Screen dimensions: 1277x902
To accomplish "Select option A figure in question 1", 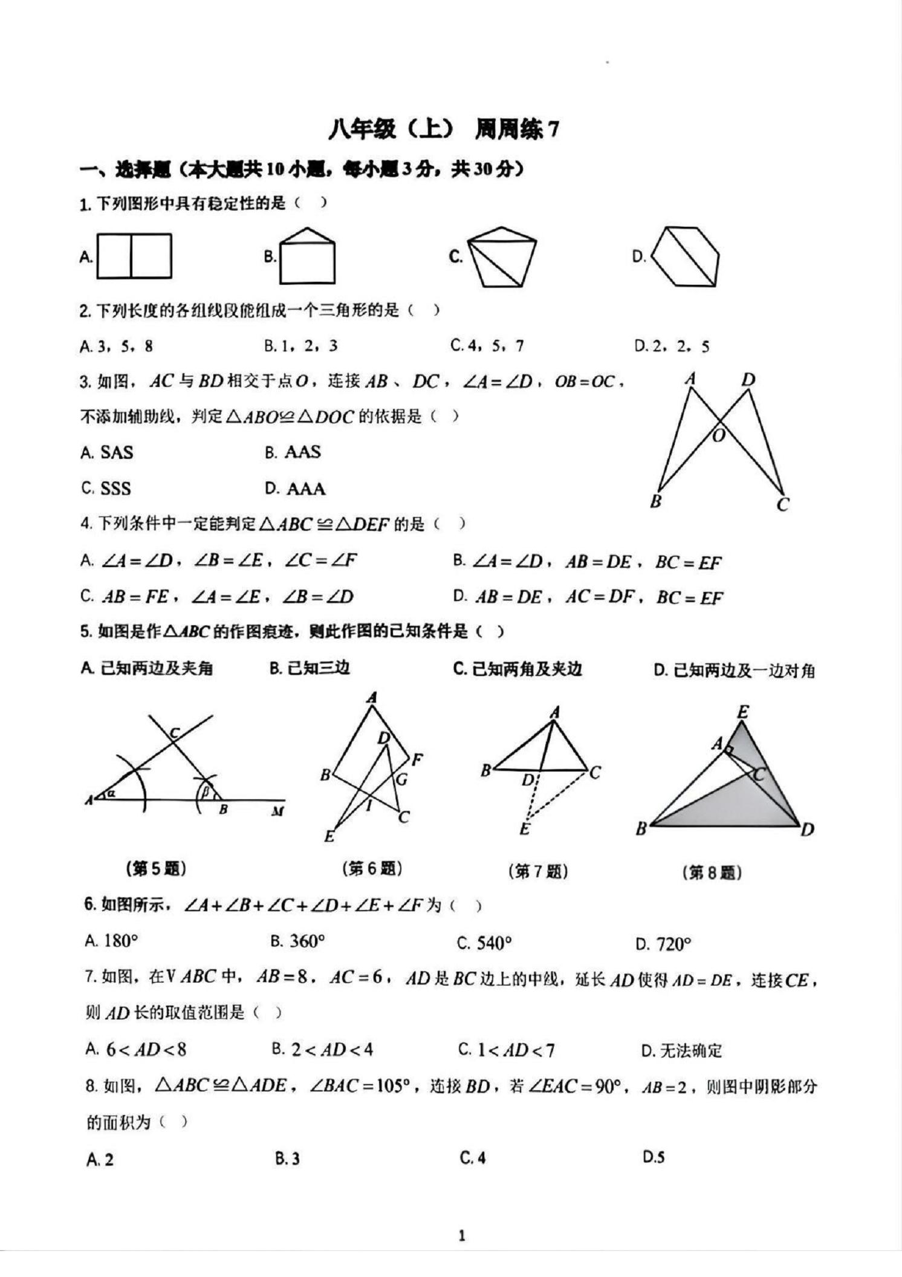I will click(x=134, y=256).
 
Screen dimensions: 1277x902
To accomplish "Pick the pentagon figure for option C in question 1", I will click(x=501, y=257).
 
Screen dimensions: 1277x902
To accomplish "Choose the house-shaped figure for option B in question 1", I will click(x=307, y=256).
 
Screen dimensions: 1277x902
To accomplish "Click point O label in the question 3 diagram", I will click(x=718, y=435).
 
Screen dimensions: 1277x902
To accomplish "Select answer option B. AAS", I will click(x=293, y=452).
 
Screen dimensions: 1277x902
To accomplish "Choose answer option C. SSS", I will click(x=106, y=488).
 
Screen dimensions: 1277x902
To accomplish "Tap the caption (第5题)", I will click(x=156, y=869).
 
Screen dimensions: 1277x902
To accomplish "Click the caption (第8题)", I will click(x=712, y=872).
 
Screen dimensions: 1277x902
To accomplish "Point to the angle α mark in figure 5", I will click(x=111, y=793).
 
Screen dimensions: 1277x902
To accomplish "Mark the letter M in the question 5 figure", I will click(x=277, y=811).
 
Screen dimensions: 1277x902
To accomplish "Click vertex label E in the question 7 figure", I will click(x=525, y=829).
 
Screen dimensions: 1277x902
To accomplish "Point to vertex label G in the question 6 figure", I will click(x=401, y=779).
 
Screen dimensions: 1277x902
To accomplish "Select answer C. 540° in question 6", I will click(x=485, y=943).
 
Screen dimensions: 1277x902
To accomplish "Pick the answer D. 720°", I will click(x=663, y=944).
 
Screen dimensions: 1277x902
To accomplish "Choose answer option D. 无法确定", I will click(x=681, y=1050).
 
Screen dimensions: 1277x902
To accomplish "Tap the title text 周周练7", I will click(x=516, y=129).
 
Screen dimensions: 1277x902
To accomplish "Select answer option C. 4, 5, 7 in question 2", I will click(x=487, y=346).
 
